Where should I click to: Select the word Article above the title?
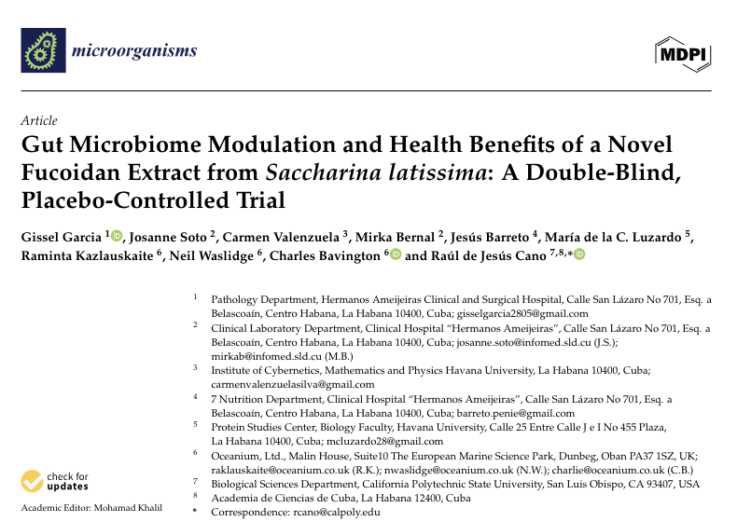coord(38,120)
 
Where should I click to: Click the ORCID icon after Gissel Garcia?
coord(117,236)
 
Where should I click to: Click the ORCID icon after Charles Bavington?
coord(395,254)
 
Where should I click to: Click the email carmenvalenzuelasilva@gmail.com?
coord(293,384)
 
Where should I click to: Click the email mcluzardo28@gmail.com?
coord(383,441)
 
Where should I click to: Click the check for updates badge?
coord(57,482)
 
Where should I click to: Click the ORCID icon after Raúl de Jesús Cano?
coord(578,254)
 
